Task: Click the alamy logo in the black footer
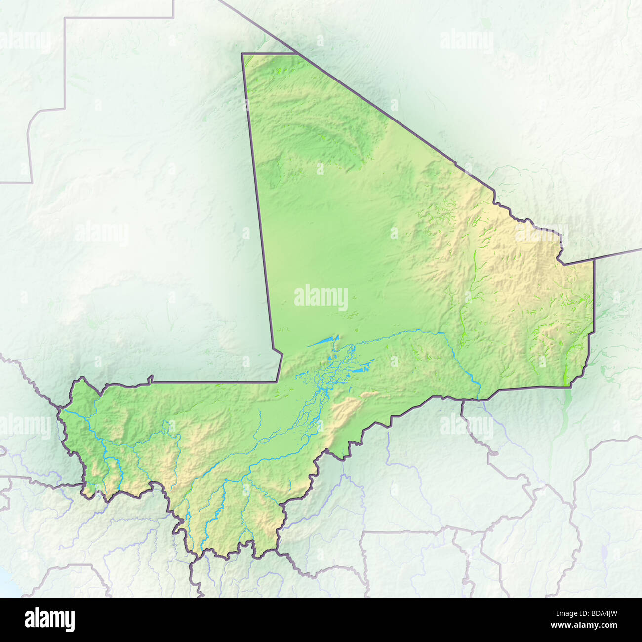[x=49, y=619]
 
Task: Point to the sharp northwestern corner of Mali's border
[x=242, y=53]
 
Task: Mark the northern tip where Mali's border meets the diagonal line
[x=295, y=52]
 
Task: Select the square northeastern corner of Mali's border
[x=594, y=260]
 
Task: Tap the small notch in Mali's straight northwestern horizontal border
[x=150, y=379]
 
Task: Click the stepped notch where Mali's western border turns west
[x=279, y=353]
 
